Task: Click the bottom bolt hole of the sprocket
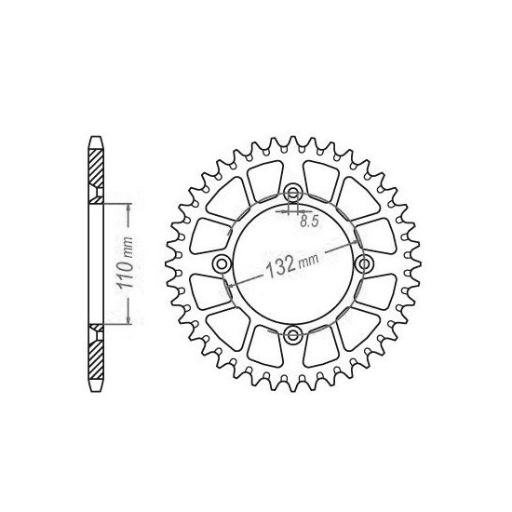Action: tap(294, 335)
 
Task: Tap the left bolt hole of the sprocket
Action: tap(223, 265)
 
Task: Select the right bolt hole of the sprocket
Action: tap(364, 265)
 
